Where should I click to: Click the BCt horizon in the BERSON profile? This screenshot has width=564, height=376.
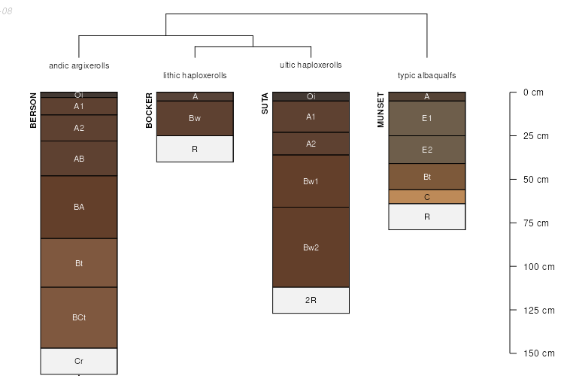[79, 317]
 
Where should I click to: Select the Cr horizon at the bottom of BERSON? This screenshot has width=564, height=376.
[79, 361]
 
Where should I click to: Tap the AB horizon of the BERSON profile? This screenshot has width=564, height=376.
[79, 159]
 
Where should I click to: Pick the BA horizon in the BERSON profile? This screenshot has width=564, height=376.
[79, 207]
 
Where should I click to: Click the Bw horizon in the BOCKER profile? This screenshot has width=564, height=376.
[195, 118]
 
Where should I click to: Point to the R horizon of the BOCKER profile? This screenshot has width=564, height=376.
[195, 149]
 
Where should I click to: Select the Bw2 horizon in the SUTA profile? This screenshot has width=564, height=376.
[311, 247]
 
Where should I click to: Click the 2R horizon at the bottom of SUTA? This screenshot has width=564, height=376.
[311, 300]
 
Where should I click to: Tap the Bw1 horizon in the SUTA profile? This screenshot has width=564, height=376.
[311, 181]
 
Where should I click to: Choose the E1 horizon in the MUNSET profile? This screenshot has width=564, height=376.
[426, 118]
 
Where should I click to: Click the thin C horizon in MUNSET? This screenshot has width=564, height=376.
[426, 197]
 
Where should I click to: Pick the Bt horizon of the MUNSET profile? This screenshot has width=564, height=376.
[426, 177]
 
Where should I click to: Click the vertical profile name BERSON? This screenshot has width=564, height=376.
[33, 111]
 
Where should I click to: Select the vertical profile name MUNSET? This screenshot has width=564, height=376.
[381, 111]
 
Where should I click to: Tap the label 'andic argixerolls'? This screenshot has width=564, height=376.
[79, 66]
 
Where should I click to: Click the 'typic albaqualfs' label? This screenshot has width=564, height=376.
[426, 76]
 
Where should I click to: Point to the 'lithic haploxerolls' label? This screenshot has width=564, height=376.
[195, 76]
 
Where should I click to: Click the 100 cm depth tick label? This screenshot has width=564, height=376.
[538, 266]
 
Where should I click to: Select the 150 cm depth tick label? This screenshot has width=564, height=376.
[538, 353]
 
